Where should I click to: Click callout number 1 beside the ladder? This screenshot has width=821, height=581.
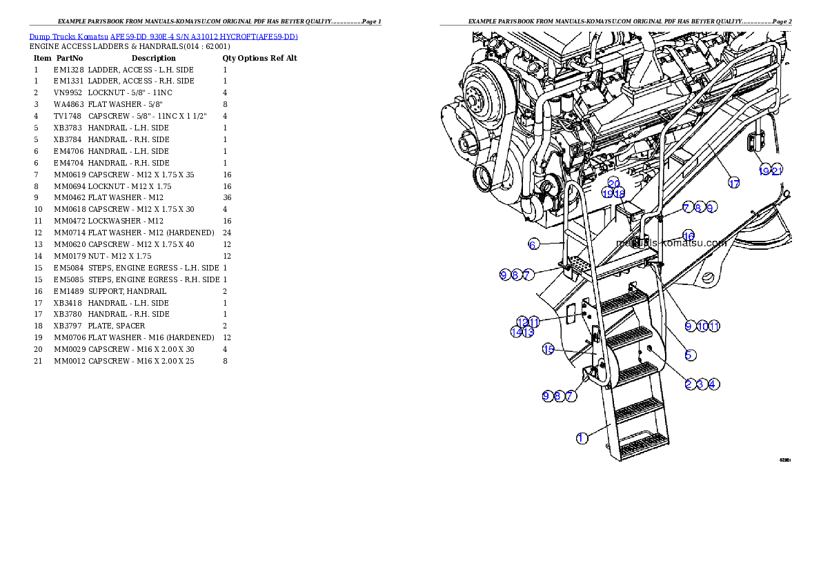[582, 438]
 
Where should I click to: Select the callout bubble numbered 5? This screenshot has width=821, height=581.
[689, 355]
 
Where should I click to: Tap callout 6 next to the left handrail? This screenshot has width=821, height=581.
[533, 244]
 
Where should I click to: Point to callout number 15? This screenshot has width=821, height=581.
[548, 349]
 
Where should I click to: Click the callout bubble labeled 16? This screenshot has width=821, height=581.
[689, 236]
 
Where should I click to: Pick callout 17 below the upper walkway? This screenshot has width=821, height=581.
[734, 183]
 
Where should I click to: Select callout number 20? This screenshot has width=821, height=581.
[613, 183]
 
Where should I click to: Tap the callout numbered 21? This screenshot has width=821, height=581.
[777, 171]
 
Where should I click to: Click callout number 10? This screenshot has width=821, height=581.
[702, 326]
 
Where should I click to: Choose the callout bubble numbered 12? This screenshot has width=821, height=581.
[522, 322]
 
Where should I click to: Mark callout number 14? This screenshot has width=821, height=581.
[516, 332]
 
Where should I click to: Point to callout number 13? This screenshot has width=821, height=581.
[528, 332]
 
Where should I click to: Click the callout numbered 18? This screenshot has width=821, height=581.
[620, 194]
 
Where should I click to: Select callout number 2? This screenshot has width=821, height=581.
[689, 384]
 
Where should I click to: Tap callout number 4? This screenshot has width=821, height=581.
[714, 384]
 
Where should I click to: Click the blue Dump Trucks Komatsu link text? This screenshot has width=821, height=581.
[164, 37]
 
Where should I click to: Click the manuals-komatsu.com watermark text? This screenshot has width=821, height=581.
[671, 243]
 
